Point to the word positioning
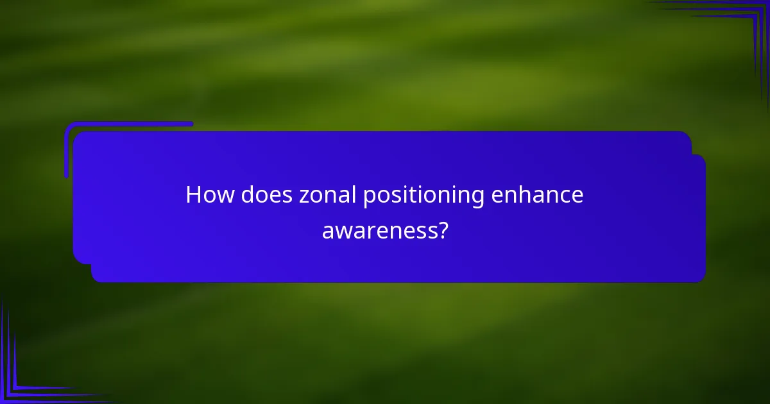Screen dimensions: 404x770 [x=424, y=196]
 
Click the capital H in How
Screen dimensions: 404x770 [x=193, y=195]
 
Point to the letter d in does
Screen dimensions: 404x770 [x=248, y=195]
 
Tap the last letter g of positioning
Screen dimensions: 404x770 [x=477, y=198]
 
